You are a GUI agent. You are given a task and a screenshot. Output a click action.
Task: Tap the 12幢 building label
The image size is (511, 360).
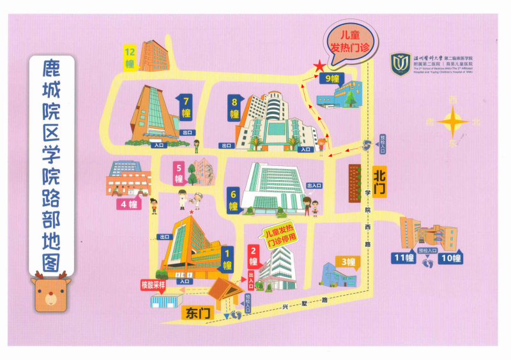click(x=130, y=57)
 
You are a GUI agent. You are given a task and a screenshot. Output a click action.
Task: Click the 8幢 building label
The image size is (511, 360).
click(x=234, y=108)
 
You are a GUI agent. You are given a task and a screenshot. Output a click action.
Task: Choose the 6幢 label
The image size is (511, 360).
click(x=234, y=200)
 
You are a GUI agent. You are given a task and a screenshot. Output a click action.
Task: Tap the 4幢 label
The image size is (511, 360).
click(x=128, y=204)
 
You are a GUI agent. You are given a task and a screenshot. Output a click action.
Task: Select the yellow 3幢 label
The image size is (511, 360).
click(x=348, y=262)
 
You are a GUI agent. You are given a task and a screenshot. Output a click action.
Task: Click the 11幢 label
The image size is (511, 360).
click(x=404, y=258)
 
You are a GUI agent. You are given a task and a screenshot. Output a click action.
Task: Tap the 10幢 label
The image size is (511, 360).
click(x=451, y=258)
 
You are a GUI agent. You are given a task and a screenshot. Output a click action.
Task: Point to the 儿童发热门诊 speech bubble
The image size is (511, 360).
click(x=348, y=41)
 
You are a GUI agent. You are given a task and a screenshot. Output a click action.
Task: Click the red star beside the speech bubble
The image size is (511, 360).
click(x=318, y=66)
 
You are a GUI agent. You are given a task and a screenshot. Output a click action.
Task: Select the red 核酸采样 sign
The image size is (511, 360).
click(x=153, y=285)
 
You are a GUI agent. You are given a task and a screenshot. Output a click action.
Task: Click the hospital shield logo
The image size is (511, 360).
click(x=400, y=64)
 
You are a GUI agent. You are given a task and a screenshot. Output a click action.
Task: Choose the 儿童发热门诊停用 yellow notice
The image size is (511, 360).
click(x=280, y=234)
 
